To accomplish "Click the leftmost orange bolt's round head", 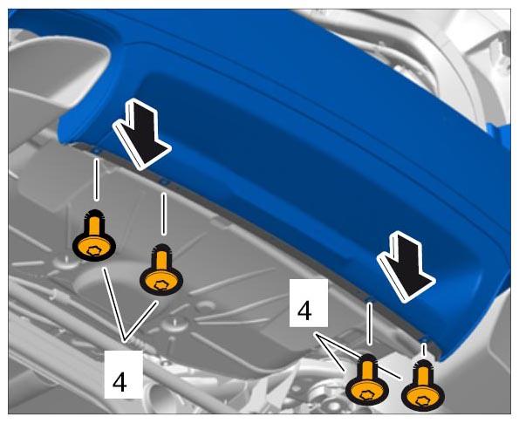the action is point(94,247).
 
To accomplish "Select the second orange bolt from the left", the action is point(161,270).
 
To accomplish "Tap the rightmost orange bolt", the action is point(423,385).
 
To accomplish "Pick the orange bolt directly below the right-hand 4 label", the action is point(366,379).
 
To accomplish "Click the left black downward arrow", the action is point(142,134).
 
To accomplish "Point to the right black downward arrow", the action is point(406,267).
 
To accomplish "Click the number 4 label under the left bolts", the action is point(120,382).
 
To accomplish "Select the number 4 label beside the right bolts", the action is point(304,310).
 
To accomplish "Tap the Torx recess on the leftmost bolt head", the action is point(92,251).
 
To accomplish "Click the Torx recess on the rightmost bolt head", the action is point(421,401).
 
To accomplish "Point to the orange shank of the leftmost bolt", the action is point(95,225).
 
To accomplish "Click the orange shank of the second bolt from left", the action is point(161,260).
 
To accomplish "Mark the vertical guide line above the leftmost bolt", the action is point(96,180).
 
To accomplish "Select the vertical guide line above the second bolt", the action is point(163,214).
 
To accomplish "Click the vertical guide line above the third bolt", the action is point(370,324).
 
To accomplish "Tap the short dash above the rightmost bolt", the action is point(423,350).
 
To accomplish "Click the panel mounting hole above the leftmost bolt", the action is point(96,151).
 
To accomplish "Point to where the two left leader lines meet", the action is point(125,341).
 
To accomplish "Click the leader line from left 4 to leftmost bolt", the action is point(114,304).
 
